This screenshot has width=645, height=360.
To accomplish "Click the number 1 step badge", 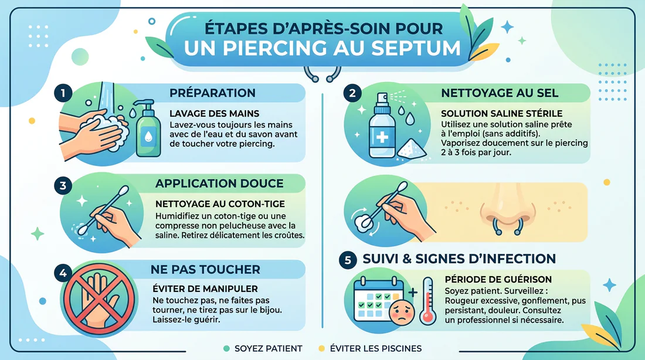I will tap(63, 94).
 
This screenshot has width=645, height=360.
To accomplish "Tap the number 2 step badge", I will tap(352, 93).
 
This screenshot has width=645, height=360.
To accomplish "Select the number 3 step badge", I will tap(63, 186).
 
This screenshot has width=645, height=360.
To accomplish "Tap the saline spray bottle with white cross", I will tap(381, 131).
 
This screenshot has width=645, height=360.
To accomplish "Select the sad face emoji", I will tap(400, 309).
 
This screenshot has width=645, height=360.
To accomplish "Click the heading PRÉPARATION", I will tap(212, 93).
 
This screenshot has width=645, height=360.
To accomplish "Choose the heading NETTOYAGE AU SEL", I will tap(500, 93).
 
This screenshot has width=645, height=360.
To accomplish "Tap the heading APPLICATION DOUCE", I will tap(219, 184).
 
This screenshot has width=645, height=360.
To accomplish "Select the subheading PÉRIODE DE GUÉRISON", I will tap(498, 280).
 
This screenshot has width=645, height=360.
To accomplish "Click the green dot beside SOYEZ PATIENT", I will tap(226, 348).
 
